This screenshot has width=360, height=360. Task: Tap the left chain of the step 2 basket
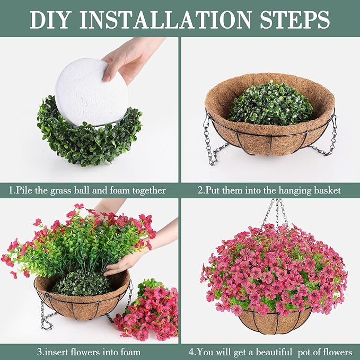point(210,141)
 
